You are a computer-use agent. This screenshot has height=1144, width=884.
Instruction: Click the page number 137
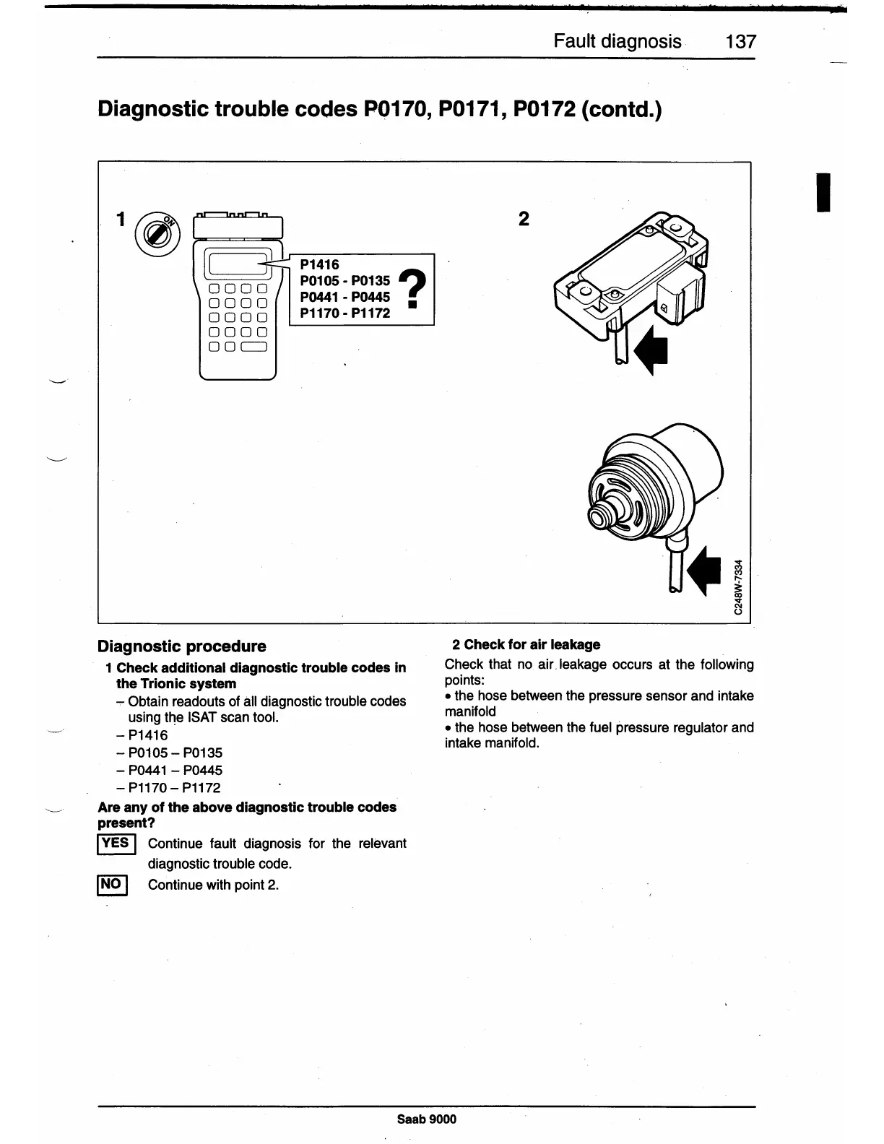740,41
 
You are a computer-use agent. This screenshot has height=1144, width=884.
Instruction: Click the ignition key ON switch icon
157,233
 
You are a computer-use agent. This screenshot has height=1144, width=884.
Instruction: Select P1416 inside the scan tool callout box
320,264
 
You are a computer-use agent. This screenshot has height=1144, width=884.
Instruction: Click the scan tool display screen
238,263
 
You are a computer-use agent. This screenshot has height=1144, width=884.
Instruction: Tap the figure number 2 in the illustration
524,219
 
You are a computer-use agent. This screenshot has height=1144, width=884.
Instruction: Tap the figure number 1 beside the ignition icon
122,219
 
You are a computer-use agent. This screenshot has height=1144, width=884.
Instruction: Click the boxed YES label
116,843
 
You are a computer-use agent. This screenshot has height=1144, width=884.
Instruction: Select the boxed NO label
112,884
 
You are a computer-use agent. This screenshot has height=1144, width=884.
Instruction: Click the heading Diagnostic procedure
181,646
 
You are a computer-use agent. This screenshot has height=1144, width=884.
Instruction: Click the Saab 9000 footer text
427,1119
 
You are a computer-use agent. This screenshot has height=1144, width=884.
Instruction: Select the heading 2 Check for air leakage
526,644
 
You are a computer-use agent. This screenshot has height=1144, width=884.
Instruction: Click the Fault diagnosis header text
617,41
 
